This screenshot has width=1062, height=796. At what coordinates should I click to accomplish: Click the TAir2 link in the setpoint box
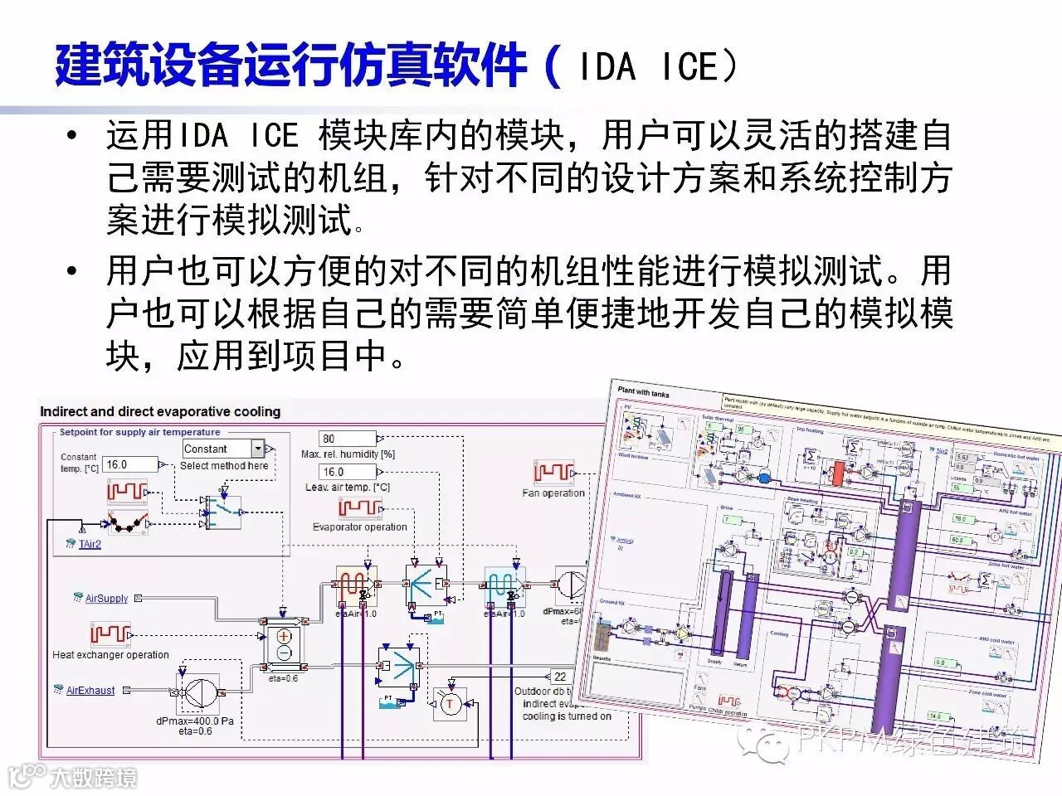[x=90, y=544]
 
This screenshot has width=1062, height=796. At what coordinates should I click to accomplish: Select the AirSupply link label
[x=106, y=598]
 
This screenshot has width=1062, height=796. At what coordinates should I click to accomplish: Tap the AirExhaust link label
[x=90, y=690]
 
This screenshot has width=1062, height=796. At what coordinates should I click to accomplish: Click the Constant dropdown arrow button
[x=258, y=449]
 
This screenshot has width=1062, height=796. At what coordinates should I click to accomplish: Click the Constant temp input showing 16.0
[x=129, y=464]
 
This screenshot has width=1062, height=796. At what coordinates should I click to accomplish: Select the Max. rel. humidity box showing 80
[x=348, y=439]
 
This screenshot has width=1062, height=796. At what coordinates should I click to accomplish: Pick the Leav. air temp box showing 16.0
[x=348, y=472]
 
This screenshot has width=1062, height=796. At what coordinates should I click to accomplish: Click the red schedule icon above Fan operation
[x=553, y=473]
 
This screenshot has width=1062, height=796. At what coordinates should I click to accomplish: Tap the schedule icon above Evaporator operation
[x=360, y=507]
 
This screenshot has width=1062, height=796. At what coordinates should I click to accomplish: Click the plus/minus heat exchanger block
[x=284, y=643]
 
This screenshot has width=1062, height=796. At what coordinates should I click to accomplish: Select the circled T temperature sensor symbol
[x=451, y=704]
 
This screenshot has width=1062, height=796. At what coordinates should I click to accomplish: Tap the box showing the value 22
[x=561, y=677]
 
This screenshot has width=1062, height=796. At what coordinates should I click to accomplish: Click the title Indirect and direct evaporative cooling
[x=160, y=411]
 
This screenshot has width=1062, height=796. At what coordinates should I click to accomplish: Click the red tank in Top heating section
[x=838, y=473]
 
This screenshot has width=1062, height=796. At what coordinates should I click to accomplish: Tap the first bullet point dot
[x=75, y=136]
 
